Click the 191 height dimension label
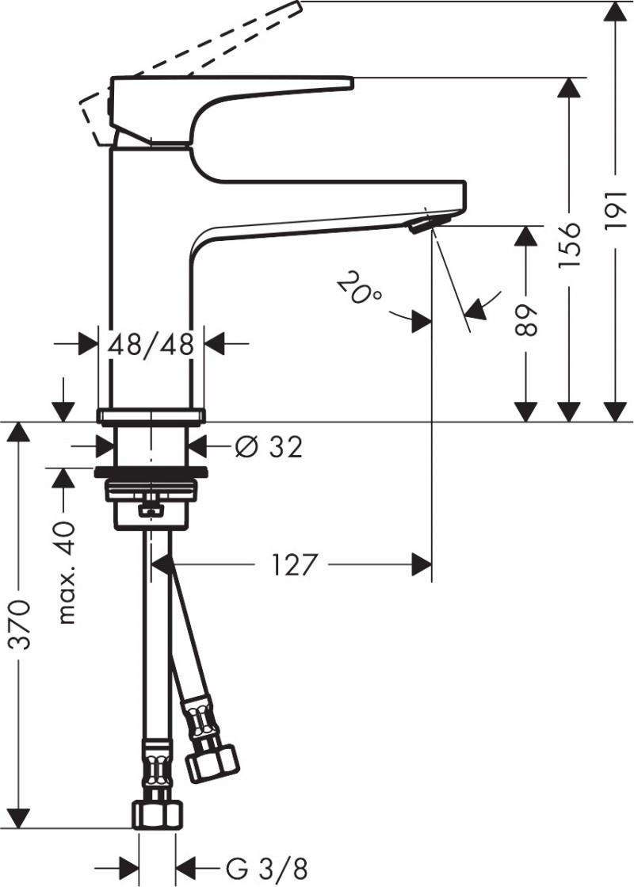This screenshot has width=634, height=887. (615, 214)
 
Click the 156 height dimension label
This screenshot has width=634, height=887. (569, 243)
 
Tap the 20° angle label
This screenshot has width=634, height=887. (358, 289)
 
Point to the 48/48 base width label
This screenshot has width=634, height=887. (151, 344)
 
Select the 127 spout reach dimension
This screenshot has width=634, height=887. (294, 565)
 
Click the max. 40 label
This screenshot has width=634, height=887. (67, 573)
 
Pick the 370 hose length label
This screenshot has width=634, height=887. (21, 626)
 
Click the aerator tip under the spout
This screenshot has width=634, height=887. (420, 227)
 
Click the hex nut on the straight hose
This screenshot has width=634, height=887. (157, 814)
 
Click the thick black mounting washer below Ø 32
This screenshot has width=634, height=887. (151, 473)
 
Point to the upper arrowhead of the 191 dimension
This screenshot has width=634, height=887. (616, 11)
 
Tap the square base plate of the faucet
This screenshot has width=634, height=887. (151, 415)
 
